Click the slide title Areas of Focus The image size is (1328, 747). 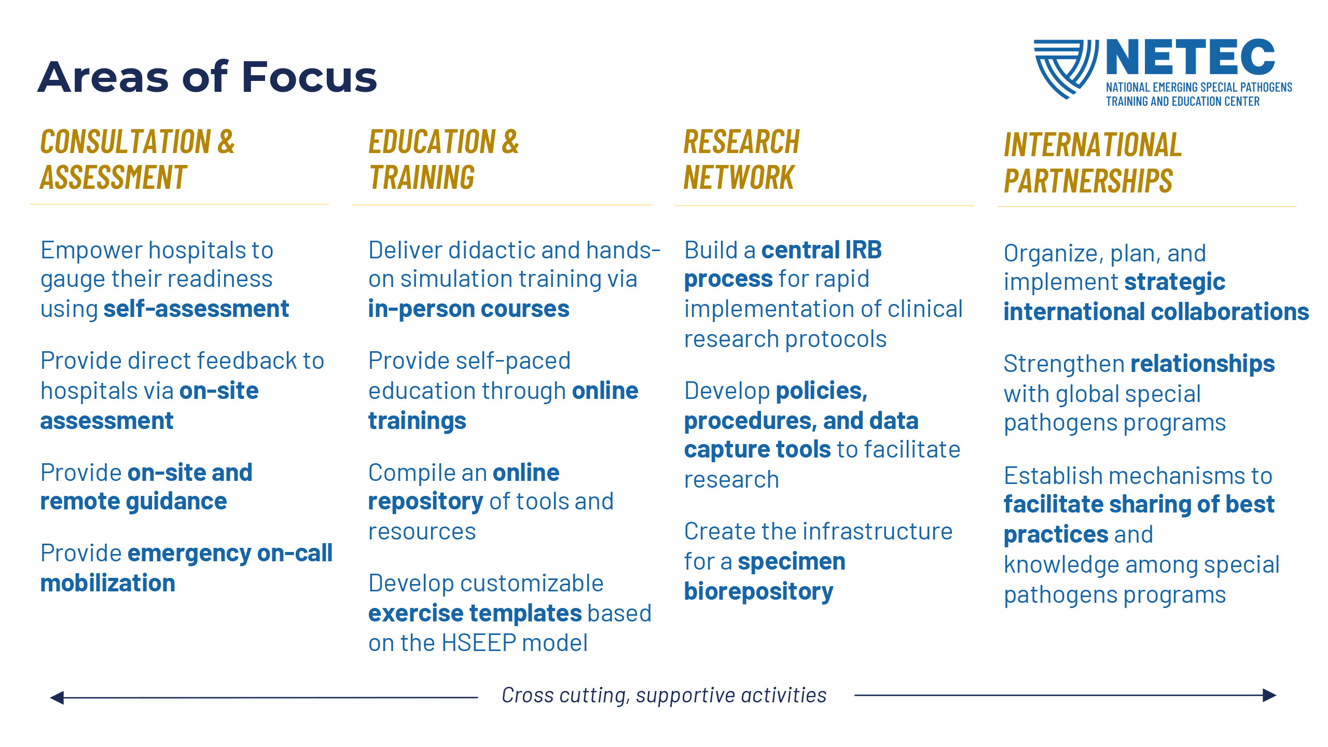tap(208, 77)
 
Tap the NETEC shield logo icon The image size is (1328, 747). tap(1066, 68)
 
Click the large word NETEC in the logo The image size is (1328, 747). tap(1191, 57)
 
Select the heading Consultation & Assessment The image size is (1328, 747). tap(137, 159)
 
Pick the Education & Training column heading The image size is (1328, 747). tap(444, 159)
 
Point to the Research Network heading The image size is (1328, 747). tap(742, 159)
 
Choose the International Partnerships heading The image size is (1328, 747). tap(1092, 162)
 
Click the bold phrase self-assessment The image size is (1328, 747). tap(196, 309)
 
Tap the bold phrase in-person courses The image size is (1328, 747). tap(469, 309)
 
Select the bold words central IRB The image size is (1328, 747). tap(822, 250)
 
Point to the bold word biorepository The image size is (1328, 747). tap(759, 592)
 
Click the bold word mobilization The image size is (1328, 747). tap(108, 584)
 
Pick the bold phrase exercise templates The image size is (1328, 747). tap(475, 614)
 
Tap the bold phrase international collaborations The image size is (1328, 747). tap(1156, 312)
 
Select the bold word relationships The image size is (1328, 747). tap(1202, 364)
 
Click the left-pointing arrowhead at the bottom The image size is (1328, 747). tap(57, 698)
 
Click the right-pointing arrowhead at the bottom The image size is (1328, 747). tap(1269, 695)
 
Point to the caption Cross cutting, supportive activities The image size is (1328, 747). tap(664, 696)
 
